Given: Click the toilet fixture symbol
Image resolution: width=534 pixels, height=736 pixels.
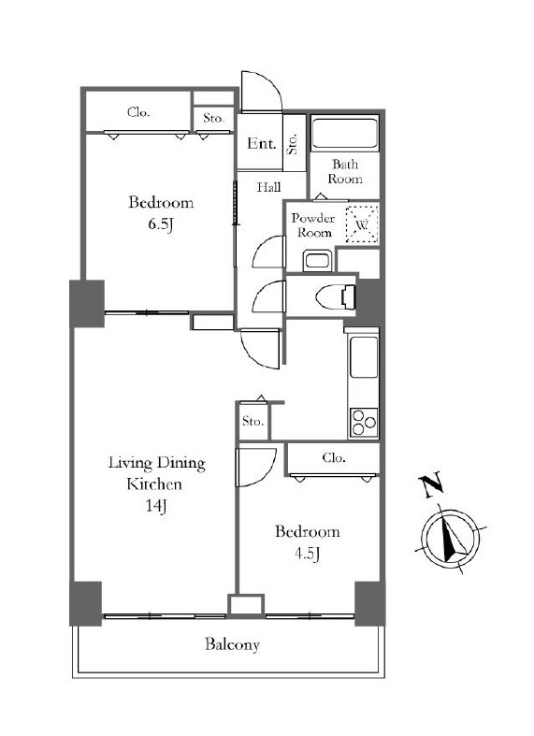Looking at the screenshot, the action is [336, 296].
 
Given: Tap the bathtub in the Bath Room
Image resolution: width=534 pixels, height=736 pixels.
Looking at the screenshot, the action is [345, 135].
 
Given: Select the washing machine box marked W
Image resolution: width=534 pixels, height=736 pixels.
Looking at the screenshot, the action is [362, 224].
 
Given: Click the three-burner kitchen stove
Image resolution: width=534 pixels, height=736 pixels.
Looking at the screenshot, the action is [364, 423].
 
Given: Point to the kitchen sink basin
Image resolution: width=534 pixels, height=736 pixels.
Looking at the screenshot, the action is [364, 357].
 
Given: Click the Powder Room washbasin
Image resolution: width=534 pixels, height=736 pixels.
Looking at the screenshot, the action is [318, 260].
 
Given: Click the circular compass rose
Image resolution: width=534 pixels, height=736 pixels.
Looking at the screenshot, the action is [451, 537].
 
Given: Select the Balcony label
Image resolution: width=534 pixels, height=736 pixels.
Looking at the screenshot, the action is [232, 644].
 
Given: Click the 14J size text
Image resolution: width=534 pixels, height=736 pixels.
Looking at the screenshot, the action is [156, 506].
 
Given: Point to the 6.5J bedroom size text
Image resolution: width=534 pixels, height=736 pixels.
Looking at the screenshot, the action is [162, 224].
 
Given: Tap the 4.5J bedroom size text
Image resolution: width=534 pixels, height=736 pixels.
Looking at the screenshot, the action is [308, 554].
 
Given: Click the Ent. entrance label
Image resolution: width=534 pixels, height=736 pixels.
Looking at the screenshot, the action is [262, 143].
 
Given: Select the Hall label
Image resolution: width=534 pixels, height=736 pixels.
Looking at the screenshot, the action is [269, 188].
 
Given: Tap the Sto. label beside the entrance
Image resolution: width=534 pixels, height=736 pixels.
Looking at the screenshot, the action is [293, 144].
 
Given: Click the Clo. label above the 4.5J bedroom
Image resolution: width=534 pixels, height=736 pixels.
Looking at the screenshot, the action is [334, 457].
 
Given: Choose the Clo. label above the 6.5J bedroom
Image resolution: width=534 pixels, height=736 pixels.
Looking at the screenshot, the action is [138, 112].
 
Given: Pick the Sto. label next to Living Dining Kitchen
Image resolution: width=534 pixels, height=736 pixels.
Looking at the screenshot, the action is [253, 421].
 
